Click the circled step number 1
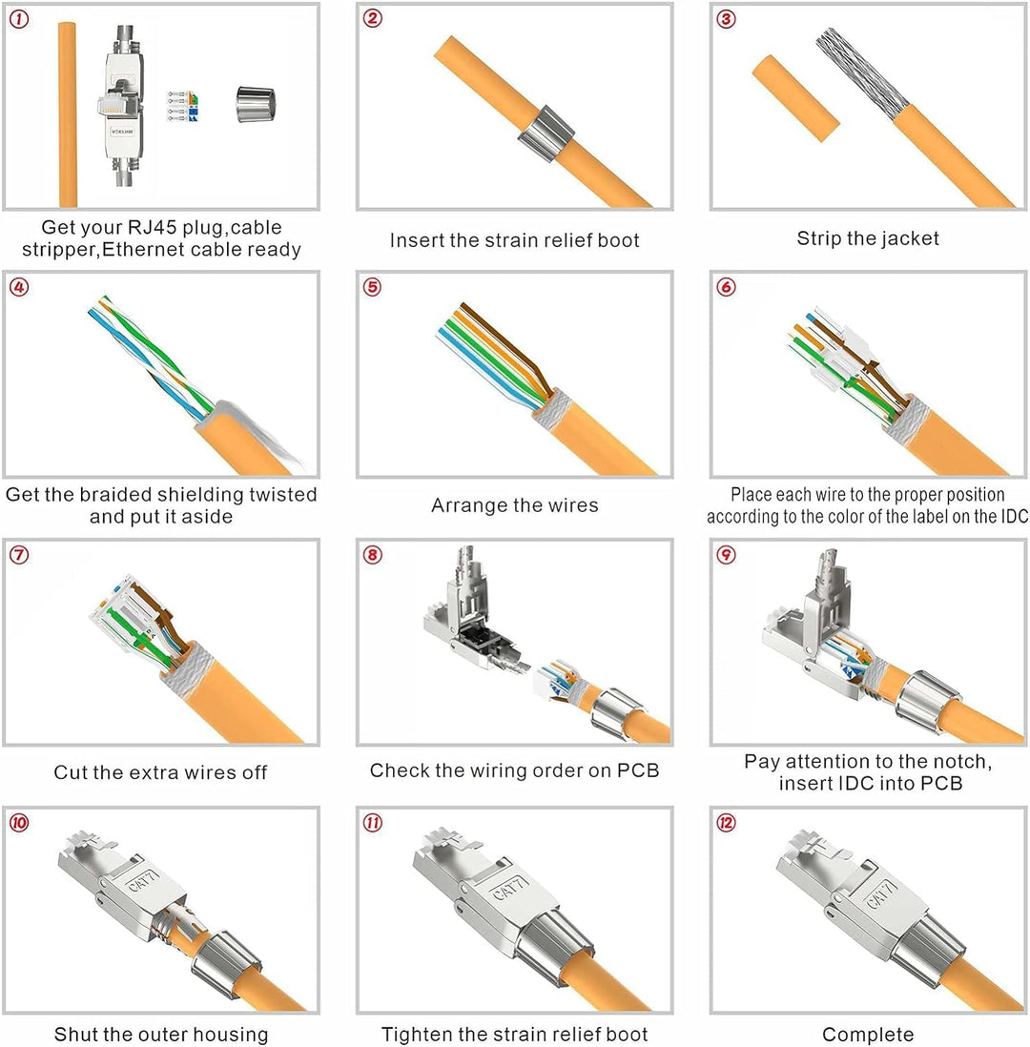(x=19, y=19)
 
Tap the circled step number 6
(x=726, y=287)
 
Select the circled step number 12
(x=726, y=823)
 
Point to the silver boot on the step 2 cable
(x=546, y=133)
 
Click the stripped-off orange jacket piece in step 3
(x=795, y=98)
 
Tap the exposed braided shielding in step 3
(x=862, y=73)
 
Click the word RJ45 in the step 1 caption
(x=152, y=228)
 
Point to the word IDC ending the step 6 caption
(x=1013, y=516)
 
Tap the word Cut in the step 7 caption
(x=69, y=772)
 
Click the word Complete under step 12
(x=868, y=1035)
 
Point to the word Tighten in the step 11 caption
(x=415, y=1035)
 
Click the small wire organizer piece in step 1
(x=182, y=107)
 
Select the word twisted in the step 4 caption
(x=283, y=495)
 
